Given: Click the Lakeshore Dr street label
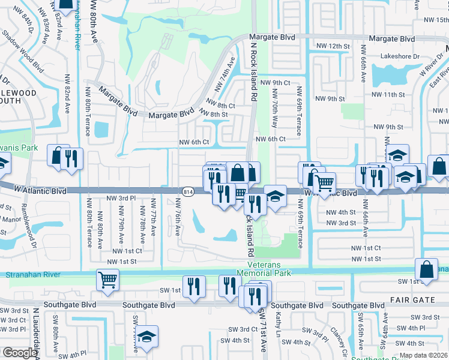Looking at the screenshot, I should tap(400, 56).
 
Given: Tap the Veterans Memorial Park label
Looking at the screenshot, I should tap(273, 268).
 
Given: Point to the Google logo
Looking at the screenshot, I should tap(19, 353).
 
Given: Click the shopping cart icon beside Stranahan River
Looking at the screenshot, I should tap(107, 279).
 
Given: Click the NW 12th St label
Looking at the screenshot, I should tap(333, 46).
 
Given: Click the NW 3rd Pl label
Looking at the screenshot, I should tap(121, 198).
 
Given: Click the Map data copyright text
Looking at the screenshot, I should tap(423, 355).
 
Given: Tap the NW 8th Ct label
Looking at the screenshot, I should tap(220, 105).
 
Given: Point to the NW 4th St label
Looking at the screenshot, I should tap(340, 212).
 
